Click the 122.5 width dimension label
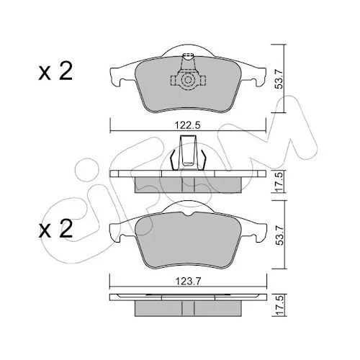[x=187, y=125]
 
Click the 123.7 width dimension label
[x=187, y=281]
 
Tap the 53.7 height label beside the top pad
[x=279, y=78]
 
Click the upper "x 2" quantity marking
[x=55, y=71]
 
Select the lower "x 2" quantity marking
[x=55, y=228]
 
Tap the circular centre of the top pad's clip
[x=188, y=80]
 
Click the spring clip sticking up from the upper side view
[x=188, y=153]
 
